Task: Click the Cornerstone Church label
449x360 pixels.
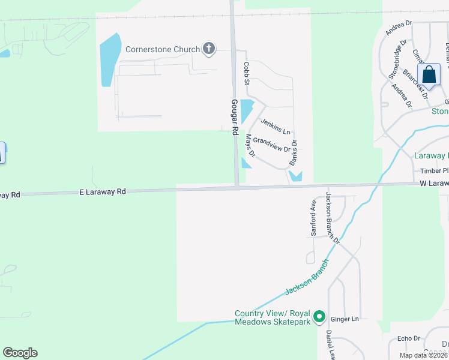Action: (x=162, y=49)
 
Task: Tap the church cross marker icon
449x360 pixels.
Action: (x=209, y=49)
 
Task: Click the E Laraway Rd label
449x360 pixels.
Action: (x=103, y=192)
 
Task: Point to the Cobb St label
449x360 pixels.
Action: (x=246, y=73)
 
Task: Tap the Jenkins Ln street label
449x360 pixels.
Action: (x=276, y=126)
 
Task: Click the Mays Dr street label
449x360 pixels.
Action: (x=250, y=146)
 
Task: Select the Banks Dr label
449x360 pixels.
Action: (x=294, y=152)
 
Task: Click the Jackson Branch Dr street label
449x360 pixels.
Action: (x=333, y=217)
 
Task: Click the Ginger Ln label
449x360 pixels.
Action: (x=345, y=319)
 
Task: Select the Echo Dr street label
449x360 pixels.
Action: (x=409, y=338)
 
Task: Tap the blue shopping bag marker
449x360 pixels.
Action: (x=429, y=76)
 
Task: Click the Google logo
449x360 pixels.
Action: (x=20, y=353)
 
